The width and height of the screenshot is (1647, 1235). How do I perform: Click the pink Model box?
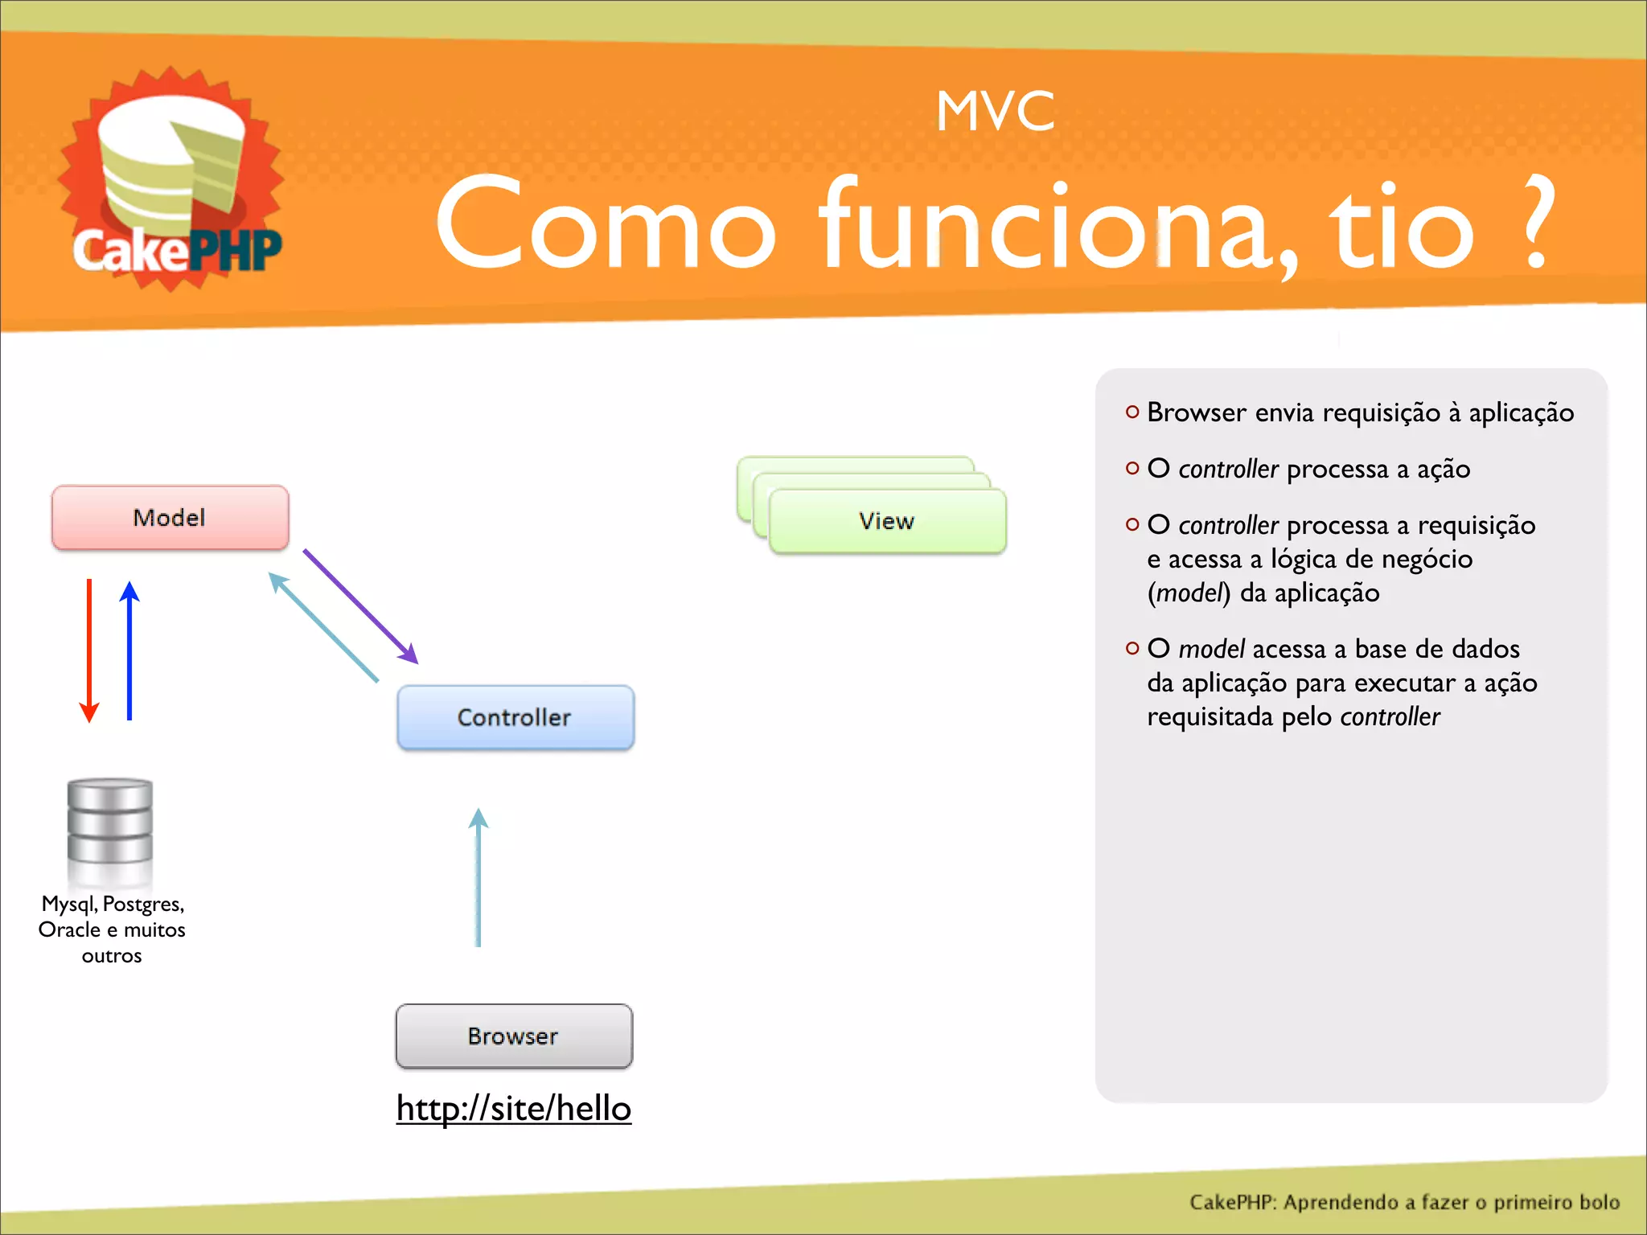pos(170,518)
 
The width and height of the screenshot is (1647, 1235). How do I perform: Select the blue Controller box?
pos(515,717)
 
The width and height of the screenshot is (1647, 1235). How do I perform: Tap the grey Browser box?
pos(514,1036)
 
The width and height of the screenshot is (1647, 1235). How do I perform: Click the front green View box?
pos(887,521)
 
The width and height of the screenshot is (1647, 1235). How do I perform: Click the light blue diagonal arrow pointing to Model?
pos(323,627)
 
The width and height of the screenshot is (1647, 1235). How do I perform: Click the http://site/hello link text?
pos(514,1108)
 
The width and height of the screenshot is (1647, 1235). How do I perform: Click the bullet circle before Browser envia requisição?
pos(1132,412)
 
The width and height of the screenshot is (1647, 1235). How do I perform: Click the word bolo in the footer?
pos(1599,1202)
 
